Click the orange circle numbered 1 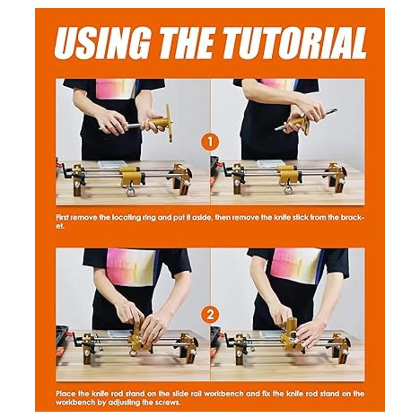[210, 142]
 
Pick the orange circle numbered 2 [210, 315]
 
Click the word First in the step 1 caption [62, 218]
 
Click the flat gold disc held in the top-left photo [169, 123]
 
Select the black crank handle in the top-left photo [66, 171]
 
